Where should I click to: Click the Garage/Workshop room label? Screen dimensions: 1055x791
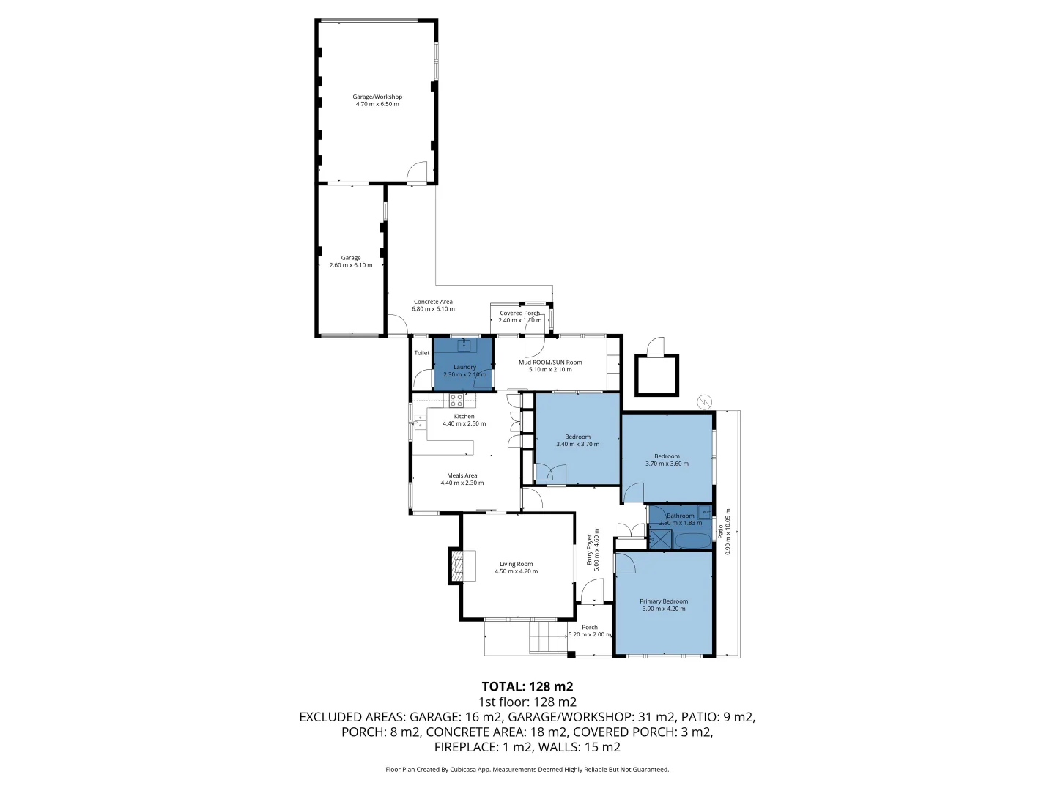(x=377, y=97)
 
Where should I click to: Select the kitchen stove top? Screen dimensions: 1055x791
(x=119, y=400)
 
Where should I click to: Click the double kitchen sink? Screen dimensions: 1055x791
(x=84, y=422)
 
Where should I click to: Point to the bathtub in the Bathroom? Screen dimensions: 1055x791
(x=692, y=541)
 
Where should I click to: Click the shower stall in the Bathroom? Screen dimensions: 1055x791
(x=660, y=538)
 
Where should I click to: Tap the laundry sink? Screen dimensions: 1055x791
(x=464, y=344)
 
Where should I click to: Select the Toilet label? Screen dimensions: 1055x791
(x=421, y=352)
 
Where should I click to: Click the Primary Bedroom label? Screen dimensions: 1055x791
(x=664, y=601)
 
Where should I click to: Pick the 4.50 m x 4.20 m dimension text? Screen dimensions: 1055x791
(x=517, y=571)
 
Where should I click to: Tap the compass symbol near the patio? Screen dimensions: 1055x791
(x=704, y=401)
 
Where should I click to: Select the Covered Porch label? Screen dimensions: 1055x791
(x=519, y=313)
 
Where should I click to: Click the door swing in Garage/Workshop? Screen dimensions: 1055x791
(x=417, y=171)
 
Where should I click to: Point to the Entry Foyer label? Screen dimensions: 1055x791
(x=589, y=549)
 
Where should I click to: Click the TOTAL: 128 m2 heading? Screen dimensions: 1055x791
(x=527, y=686)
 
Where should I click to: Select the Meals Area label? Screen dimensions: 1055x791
(x=462, y=475)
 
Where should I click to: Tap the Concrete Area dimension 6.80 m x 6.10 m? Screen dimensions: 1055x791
(x=433, y=309)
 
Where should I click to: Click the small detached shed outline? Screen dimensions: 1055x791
(x=656, y=375)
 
